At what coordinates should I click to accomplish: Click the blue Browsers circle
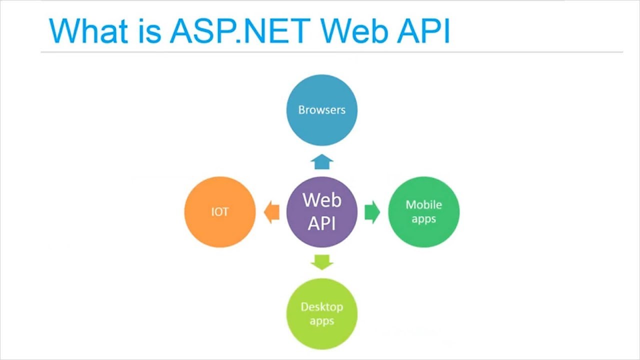point(321,110)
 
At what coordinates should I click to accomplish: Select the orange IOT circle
point(220,212)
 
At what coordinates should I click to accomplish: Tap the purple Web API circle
point(321,212)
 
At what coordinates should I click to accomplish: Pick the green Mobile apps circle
point(423,212)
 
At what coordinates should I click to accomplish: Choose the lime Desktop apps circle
point(321,313)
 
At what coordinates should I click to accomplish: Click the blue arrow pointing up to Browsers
point(322,162)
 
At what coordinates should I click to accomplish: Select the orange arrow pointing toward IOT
point(271,212)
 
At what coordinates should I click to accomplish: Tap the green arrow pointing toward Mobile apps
point(372,212)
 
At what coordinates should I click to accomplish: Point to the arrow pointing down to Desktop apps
point(322,261)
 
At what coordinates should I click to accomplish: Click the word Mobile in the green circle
point(423,204)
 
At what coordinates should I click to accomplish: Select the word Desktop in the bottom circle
point(321,306)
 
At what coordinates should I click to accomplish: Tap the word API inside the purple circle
point(321,223)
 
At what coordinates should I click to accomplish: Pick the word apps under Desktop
point(321,320)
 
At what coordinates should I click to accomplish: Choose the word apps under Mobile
point(423,219)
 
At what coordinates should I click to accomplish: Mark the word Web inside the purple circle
point(321,200)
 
